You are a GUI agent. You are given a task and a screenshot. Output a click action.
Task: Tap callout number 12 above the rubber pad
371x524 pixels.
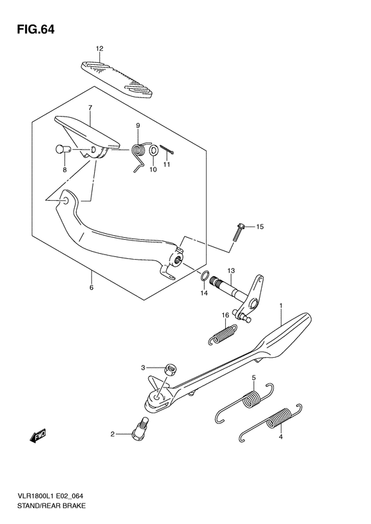[x=99, y=49]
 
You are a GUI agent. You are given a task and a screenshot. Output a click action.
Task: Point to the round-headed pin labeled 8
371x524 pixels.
[x=62, y=149]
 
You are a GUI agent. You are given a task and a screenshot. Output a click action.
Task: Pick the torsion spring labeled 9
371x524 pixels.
[x=140, y=154]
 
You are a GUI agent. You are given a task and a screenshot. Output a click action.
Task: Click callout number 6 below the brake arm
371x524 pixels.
[x=91, y=288]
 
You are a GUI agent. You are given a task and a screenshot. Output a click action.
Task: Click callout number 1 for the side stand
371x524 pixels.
[x=281, y=306]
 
